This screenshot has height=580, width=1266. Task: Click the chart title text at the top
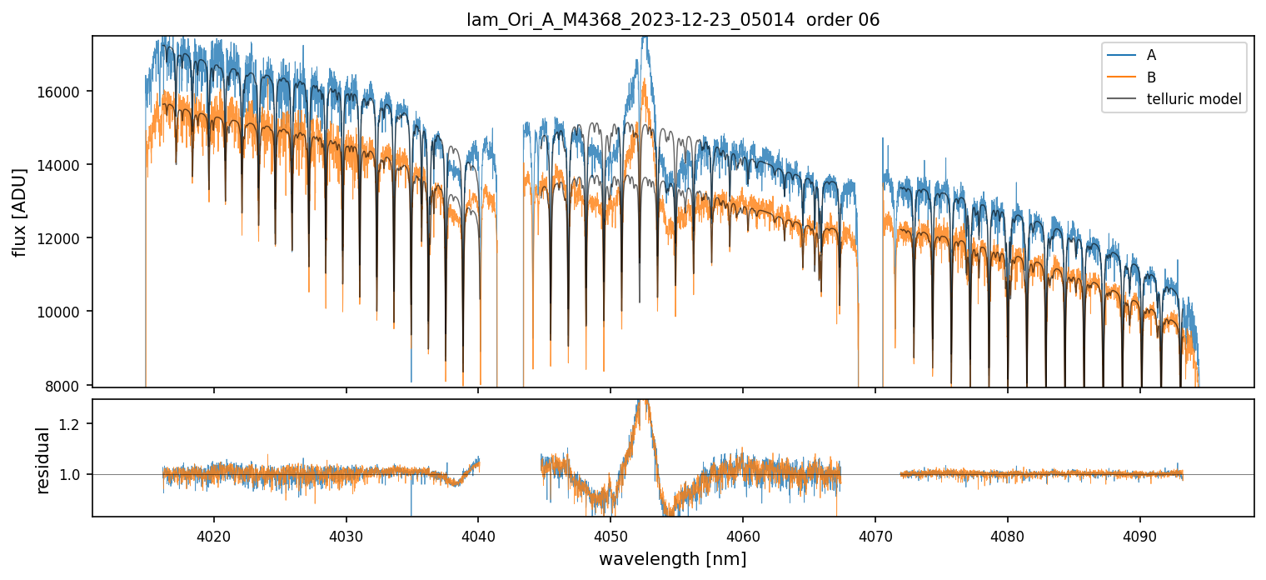[673, 20]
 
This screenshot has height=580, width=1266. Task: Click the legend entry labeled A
[1151, 55]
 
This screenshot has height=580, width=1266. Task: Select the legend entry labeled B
[1151, 77]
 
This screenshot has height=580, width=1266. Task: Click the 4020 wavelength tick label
[214, 534]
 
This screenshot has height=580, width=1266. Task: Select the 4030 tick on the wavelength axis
[346, 534]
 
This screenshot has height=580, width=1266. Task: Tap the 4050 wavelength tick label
[611, 534]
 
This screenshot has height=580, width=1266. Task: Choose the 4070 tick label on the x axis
[875, 534]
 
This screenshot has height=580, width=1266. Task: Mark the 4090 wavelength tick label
[1139, 534]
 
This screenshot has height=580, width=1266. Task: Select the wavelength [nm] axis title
[673, 558]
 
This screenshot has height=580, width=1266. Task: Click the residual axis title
[43, 458]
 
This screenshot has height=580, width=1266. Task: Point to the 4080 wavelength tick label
[1007, 534]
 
